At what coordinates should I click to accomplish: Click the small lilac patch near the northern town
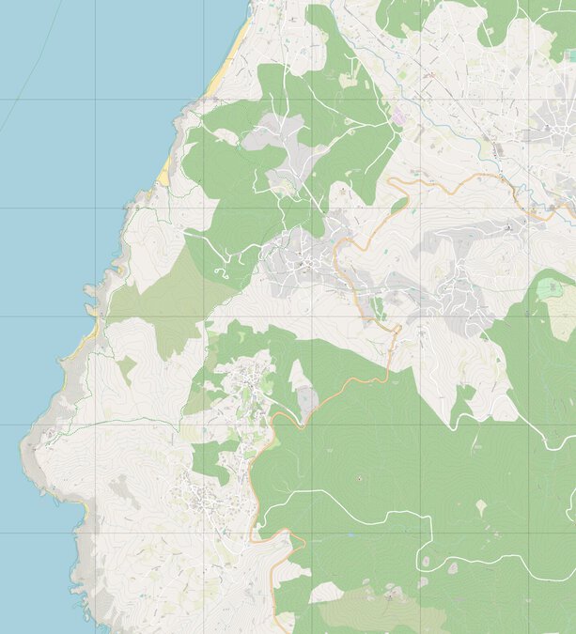398,118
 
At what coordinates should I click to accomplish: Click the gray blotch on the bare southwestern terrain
119,488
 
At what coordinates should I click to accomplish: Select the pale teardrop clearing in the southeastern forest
482,507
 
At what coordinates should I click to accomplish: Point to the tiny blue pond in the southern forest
358,480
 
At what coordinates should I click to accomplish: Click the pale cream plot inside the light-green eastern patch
562,324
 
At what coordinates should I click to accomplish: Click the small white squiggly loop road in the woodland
224,272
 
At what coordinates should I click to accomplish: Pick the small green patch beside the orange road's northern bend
399,203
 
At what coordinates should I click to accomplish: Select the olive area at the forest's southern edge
376,611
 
